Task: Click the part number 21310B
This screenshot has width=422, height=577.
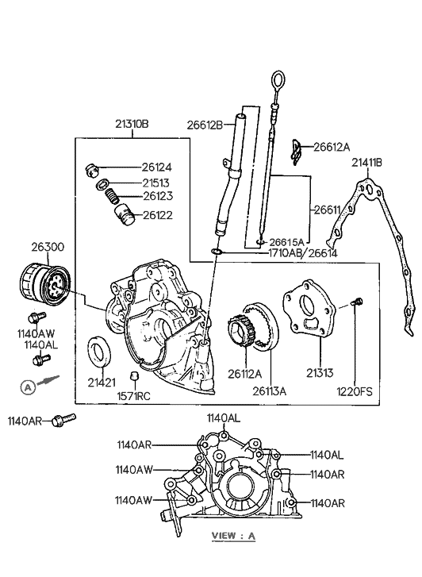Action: pos(132,125)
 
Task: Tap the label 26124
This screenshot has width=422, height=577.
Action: pos(156,167)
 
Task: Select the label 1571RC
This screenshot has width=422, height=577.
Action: pos(135,394)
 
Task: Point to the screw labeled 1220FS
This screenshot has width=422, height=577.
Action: pos(356,302)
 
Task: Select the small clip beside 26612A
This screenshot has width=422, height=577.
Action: pos(296,148)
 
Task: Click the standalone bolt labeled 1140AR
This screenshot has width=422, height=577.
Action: pos(61,421)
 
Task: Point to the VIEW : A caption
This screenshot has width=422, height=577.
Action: pos(232,537)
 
